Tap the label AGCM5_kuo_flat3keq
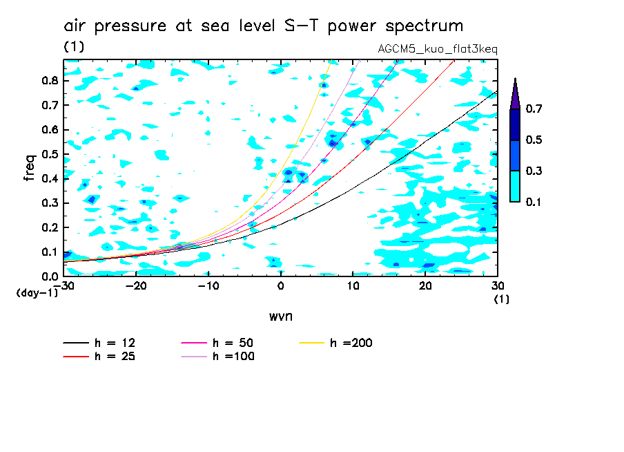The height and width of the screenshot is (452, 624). point(438,49)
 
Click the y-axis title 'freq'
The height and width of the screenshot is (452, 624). point(30,167)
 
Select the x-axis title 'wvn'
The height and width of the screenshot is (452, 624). point(280,317)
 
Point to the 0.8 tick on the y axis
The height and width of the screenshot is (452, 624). point(50,80)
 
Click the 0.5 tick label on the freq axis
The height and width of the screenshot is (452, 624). point(50,154)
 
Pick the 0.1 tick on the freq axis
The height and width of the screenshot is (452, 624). point(50,252)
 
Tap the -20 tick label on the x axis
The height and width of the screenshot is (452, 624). point(136,286)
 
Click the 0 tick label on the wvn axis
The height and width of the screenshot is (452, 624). point(280,286)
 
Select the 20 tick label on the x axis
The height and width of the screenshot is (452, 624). point(425,286)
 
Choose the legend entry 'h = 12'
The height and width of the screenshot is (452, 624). point(99,343)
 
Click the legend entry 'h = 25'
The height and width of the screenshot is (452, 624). point(99,356)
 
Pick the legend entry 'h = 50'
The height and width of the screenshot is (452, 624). point(217,343)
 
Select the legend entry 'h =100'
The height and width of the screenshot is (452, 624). point(217,356)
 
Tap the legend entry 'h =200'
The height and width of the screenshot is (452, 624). point(336,343)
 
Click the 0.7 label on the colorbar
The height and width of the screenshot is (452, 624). point(534,109)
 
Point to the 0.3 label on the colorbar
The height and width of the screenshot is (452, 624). point(534,171)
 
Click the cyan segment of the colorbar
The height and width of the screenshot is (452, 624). point(515,187)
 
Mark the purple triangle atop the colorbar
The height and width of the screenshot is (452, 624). point(515,95)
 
